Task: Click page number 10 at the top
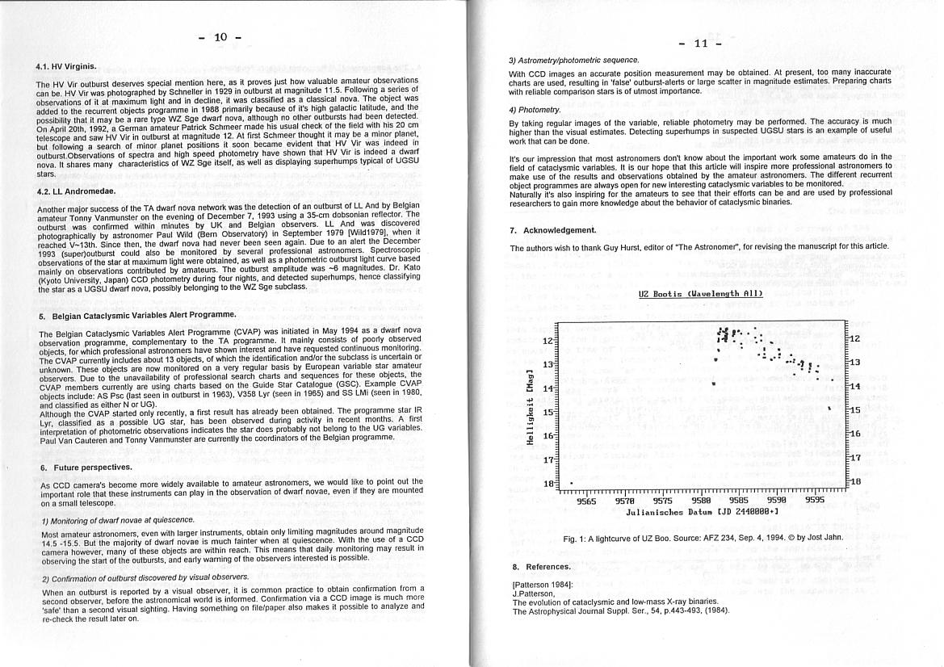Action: click(x=221, y=37)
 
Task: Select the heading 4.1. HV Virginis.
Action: click(x=66, y=66)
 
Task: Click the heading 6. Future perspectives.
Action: click(x=86, y=468)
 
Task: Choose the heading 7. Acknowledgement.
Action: click(x=553, y=230)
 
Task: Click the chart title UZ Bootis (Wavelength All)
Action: click(x=700, y=294)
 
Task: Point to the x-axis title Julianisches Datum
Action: click(x=702, y=512)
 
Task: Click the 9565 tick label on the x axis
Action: click(x=586, y=501)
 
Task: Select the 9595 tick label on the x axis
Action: click(x=815, y=501)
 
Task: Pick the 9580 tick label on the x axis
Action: click(x=701, y=501)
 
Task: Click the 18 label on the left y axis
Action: click(x=548, y=484)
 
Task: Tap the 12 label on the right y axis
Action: click(x=854, y=339)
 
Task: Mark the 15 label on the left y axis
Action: click(x=548, y=412)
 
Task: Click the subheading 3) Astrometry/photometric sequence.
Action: click(x=573, y=60)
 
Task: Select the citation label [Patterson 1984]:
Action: click(x=543, y=584)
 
